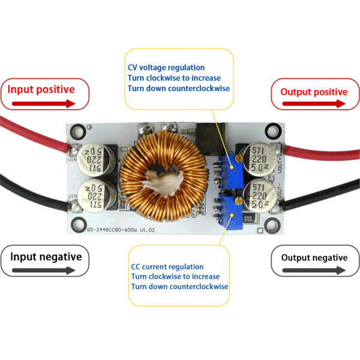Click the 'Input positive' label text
pyautogui.click(x=41, y=89)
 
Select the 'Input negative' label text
pyautogui.click(x=46, y=257)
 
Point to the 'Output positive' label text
pyautogui.click(x=314, y=92)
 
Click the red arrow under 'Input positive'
pyautogui.click(x=41, y=103)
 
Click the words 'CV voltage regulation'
pyautogui.click(x=166, y=68)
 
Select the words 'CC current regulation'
pyautogui.click(x=167, y=266)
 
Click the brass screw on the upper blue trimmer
pyautogui.click(x=239, y=158)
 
